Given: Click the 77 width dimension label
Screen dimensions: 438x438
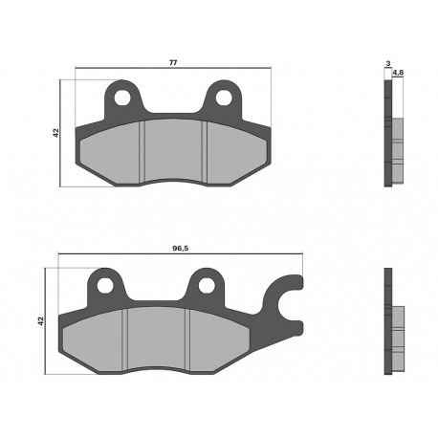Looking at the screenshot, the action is (173, 62).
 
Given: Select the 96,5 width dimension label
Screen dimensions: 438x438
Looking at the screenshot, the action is (181, 249).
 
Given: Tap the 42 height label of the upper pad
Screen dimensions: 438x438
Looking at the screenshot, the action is (56, 133).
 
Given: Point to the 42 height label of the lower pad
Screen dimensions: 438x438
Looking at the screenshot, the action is (40, 321).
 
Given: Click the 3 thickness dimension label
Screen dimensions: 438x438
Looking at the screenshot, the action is (388, 64).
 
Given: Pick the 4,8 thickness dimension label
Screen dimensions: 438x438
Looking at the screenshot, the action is (398, 73).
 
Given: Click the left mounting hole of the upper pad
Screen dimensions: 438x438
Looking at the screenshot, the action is (122, 98).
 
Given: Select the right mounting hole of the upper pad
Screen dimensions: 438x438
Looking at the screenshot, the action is (224, 98).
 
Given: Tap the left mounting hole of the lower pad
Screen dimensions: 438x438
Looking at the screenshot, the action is (105, 285).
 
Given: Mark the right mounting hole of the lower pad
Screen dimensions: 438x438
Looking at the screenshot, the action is (207, 285).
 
